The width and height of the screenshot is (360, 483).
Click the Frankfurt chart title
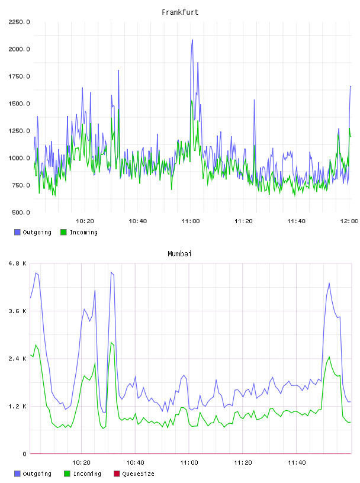180,12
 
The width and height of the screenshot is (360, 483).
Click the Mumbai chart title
179,254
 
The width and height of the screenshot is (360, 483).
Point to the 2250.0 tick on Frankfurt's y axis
19,22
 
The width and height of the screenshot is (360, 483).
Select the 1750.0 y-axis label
19,76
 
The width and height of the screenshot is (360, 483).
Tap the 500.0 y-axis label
21,212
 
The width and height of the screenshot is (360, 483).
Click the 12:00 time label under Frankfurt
349,221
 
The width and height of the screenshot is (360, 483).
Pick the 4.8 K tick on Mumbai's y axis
18,263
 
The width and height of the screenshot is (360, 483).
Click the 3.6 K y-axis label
18,311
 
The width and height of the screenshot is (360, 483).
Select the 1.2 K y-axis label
18,406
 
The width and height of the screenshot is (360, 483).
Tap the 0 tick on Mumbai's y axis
25,454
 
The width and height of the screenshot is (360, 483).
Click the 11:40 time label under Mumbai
297,463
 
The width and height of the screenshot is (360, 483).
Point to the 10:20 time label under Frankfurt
85,221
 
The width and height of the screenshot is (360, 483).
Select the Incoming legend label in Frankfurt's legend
83,232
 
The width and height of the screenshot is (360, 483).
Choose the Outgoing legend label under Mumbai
37,474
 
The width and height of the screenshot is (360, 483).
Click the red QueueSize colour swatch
117,474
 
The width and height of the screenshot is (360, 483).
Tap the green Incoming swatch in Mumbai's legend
67,474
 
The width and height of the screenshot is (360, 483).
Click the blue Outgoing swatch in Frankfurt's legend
17,232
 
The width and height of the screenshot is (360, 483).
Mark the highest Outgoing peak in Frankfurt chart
192,40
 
